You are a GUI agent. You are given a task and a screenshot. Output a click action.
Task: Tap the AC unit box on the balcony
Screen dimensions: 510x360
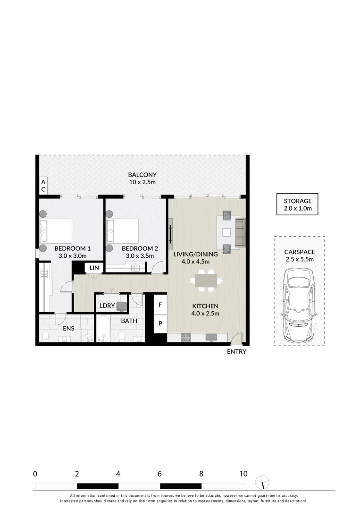click(x=42, y=185)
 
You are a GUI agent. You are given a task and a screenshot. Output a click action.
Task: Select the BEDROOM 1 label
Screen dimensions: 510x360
click(x=72, y=248)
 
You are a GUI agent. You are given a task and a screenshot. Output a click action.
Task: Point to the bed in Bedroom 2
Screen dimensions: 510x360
click(x=124, y=230)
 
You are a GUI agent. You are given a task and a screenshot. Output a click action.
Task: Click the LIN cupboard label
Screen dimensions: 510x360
click(x=94, y=268)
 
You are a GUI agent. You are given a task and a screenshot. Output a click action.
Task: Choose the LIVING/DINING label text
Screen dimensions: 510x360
click(x=195, y=254)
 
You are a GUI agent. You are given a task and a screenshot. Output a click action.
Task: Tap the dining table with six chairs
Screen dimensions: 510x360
click(x=206, y=280)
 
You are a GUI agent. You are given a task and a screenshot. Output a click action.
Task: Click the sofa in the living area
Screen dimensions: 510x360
click(x=240, y=232)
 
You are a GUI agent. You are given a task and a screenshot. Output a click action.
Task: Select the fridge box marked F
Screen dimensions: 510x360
click(x=160, y=305)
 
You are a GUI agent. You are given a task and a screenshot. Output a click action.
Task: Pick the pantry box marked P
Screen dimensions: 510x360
click(x=160, y=323)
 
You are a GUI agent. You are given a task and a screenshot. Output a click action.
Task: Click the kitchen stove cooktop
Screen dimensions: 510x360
click(x=186, y=337)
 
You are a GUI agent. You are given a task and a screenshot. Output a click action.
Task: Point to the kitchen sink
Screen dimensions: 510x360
click(x=211, y=337)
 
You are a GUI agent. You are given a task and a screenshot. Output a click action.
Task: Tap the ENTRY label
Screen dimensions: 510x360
click(x=236, y=352)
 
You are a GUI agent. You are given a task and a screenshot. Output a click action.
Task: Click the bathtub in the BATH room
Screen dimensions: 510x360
click(x=104, y=330)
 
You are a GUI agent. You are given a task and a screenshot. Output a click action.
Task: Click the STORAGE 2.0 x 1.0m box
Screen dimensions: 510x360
click(x=297, y=204)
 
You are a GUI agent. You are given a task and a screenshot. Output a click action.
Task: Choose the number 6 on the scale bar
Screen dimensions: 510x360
click(x=160, y=474)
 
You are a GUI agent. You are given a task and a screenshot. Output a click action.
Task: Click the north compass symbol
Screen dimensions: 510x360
click(x=262, y=483)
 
